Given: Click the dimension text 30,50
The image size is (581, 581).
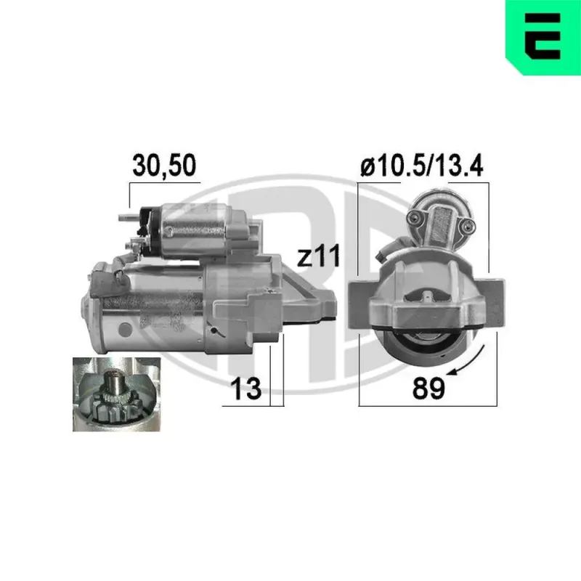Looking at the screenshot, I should coord(165,165).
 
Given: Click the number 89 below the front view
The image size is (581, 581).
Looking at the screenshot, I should coord(428,388).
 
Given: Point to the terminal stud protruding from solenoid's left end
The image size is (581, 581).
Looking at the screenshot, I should coord(124,216).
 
